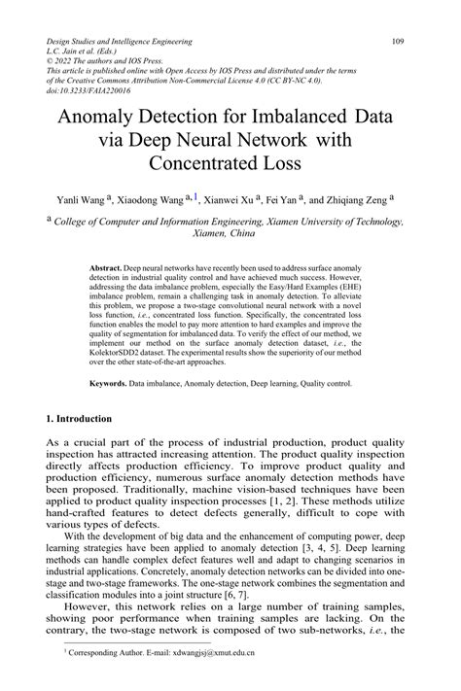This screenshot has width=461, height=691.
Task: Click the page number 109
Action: (398, 42)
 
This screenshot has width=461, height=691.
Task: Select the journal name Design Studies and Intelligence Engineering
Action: (119, 42)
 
